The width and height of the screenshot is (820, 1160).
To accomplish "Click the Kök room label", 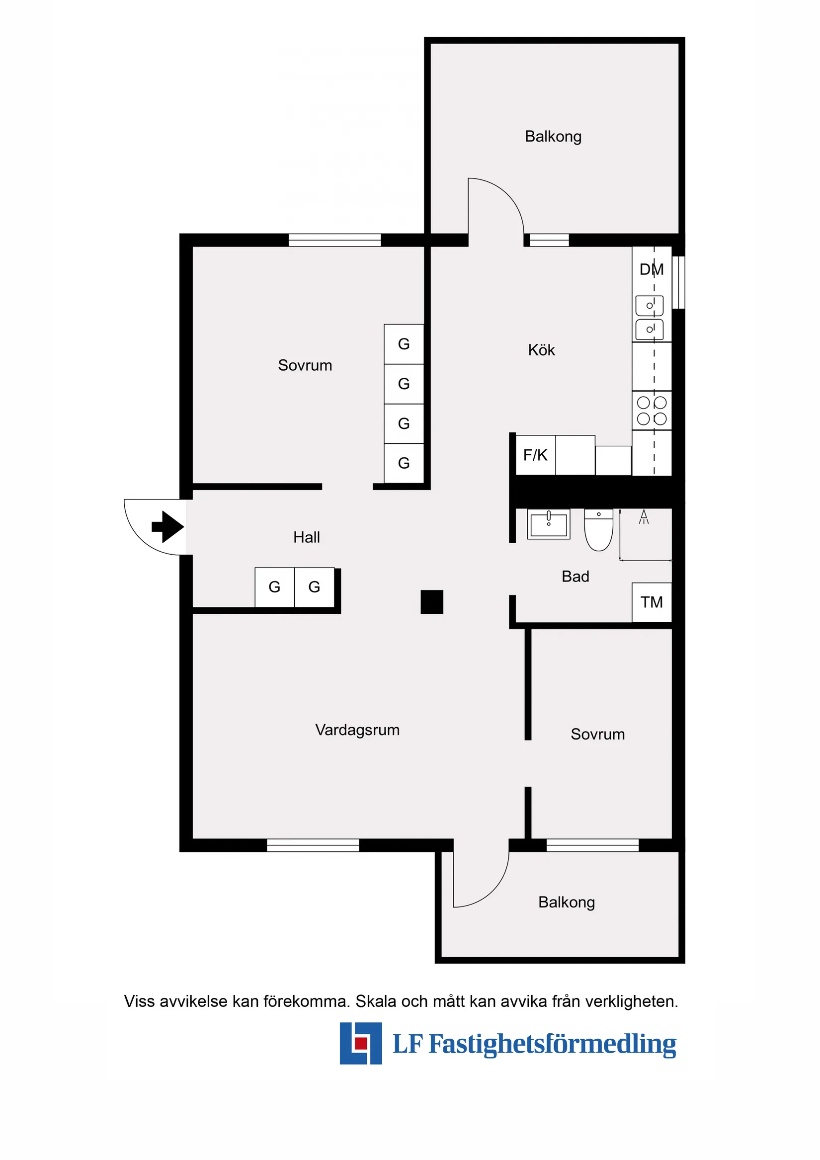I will (541, 350).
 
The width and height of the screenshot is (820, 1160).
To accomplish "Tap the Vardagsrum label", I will (357, 730).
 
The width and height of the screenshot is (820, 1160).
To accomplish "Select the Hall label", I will (307, 537).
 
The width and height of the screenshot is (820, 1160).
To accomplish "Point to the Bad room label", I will (575, 577).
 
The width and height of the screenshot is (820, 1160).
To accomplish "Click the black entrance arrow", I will (168, 527).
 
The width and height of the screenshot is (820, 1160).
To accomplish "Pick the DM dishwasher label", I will (651, 269).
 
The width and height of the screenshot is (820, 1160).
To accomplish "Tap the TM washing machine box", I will (652, 602).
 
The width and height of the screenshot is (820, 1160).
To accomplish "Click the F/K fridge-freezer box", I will (536, 455).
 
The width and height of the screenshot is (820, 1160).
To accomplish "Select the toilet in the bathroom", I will (599, 530).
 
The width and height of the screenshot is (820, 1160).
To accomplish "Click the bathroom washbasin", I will (549, 524).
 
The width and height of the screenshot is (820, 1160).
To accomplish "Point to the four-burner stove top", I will (652, 411).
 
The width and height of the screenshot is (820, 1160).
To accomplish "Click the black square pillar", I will (432, 602).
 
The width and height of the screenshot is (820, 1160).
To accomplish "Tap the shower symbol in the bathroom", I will (644, 517).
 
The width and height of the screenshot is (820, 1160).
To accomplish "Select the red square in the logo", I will (361, 1043).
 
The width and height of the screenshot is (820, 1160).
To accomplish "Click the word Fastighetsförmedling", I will (552, 1044).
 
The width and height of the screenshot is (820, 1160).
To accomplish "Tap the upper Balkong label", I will (553, 136).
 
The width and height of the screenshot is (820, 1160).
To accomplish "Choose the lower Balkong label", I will (567, 903).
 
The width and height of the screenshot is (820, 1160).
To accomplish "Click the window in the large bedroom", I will (334, 240).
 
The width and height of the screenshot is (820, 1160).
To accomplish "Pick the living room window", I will (313, 845).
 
